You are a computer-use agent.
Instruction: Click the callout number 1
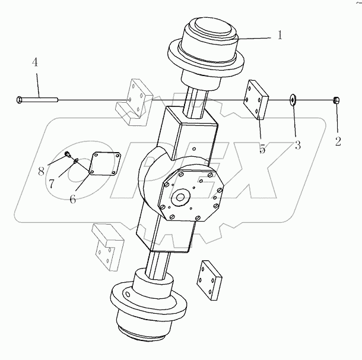[279, 36]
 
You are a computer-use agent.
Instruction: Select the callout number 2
[338, 143]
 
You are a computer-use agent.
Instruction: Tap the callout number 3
[297, 144]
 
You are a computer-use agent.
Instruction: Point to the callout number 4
[35, 62]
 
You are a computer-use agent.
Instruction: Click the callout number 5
[262, 149]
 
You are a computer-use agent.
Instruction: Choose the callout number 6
[72, 198]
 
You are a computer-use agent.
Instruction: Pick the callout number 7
[52, 184]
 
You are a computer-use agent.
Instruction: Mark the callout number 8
[41, 172]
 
